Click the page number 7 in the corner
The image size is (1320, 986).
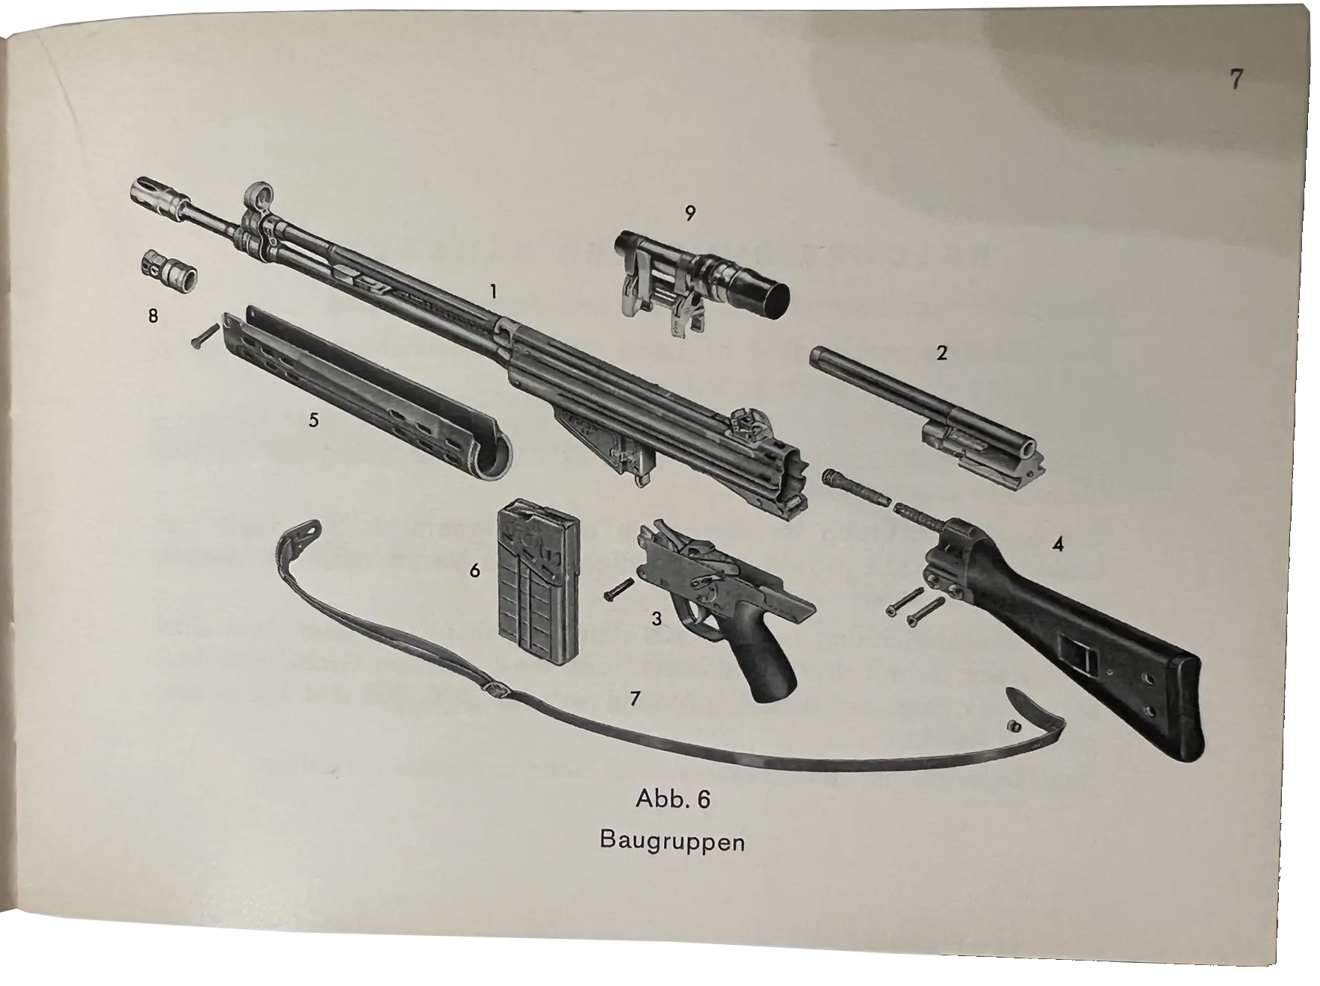pos(1236,78)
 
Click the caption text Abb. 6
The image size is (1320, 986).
pos(672,799)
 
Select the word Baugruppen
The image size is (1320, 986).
pos(672,842)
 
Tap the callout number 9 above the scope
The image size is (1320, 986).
pos(690,214)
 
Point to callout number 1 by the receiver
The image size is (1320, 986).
pos(493,291)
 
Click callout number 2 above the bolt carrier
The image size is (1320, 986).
pos(941,352)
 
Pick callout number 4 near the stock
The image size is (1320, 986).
pos(1057,545)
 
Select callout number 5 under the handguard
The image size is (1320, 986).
pos(314,420)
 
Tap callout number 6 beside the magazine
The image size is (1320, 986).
pos(474,571)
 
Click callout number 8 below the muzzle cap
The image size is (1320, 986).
pos(153,316)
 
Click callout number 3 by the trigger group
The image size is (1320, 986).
pos(656,618)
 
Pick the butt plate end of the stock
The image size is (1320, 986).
pos(1180,710)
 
